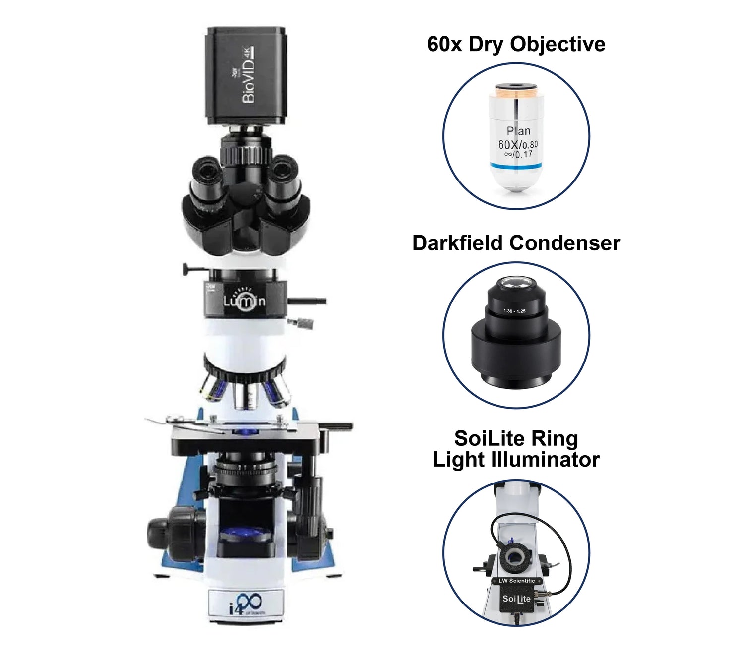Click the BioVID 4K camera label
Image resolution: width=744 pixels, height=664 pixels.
(x=248, y=75)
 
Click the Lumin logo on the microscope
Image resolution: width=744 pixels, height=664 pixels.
(x=244, y=301)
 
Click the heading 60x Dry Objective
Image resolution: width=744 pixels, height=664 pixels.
(x=516, y=44)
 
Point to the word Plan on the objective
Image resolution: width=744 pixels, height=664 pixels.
(x=518, y=131)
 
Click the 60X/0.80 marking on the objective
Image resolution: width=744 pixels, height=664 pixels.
(x=518, y=145)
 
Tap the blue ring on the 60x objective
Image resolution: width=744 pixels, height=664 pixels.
(x=516, y=165)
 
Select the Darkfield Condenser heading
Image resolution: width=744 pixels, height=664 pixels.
(x=516, y=243)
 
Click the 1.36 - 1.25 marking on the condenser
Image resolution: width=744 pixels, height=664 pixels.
(x=514, y=311)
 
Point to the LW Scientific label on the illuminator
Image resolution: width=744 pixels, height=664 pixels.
(x=516, y=581)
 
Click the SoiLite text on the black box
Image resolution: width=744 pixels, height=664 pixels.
(x=516, y=599)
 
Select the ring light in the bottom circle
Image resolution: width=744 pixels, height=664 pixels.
(x=515, y=557)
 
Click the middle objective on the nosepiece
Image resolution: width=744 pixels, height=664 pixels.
(x=245, y=397)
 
